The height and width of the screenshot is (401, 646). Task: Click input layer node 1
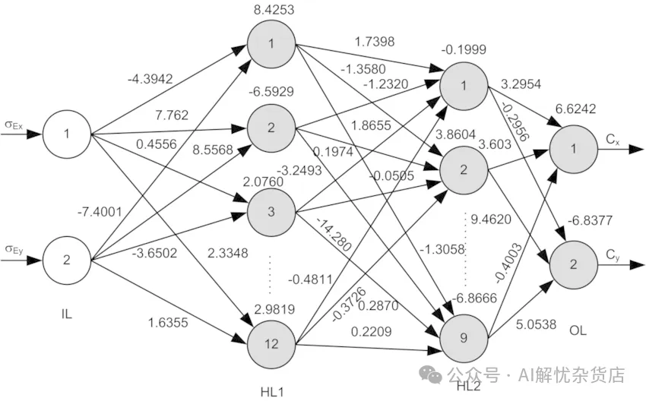coord(66,134)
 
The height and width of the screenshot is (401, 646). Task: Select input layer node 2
coord(66,260)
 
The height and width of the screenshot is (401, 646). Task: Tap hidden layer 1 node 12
coord(271,343)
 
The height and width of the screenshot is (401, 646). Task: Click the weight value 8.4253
coord(271,11)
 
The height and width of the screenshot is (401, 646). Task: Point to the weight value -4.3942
coord(151,77)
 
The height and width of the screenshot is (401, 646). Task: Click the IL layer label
coord(66,313)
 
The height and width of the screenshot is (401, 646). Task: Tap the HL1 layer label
coord(271,391)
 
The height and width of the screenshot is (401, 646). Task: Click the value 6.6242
coord(572,109)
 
